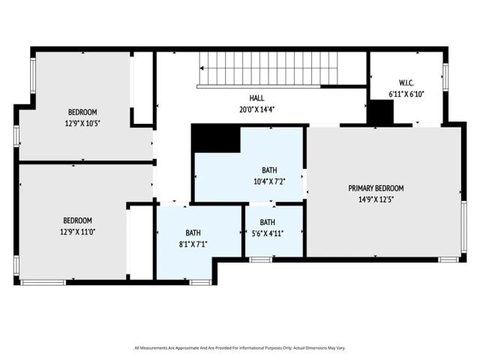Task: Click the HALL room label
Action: pyautogui.click(x=256, y=98)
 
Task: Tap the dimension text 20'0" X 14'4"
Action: pyautogui.click(x=256, y=109)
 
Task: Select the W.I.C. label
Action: pyautogui.click(x=406, y=83)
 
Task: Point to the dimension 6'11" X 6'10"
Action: pyautogui.click(x=406, y=94)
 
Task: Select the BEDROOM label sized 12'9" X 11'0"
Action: pyautogui.click(x=77, y=220)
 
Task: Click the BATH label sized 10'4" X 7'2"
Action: pyautogui.click(x=269, y=170)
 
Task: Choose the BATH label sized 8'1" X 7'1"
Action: pyautogui.click(x=193, y=232)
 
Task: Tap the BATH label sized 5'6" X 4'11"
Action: pyautogui.click(x=268, y=222)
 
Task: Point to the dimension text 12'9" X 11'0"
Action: pyautogui.click(x=77, y=232)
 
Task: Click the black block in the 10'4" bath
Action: pyautogui.click(x=215, y=139)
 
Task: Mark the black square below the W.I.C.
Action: pyautogui.click(x=381, y=112)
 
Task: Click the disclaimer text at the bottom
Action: pyautogui.click(x=239, y=347)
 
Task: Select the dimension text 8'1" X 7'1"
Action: pyautogui.click(x=193, y=244)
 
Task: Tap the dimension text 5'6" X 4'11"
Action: pyautogui.click(x=268, y=233)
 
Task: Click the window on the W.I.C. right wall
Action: pyautogui.click(x=445, y=76)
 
